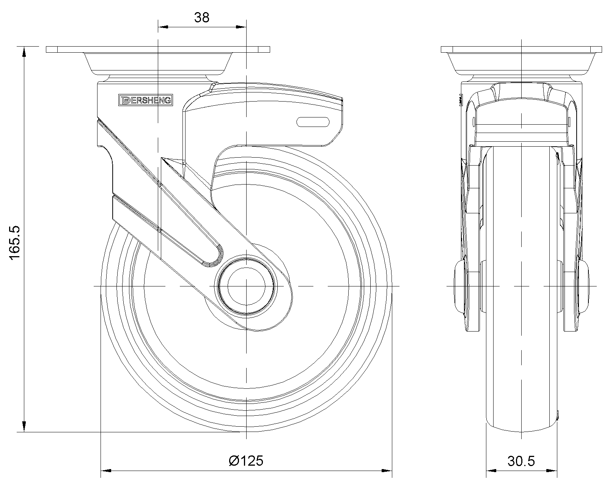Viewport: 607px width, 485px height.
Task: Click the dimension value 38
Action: tap(202, 17)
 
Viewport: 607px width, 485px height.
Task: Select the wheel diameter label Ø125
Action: tap(246, 461)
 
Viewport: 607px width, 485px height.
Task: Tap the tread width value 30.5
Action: tap(521, 461)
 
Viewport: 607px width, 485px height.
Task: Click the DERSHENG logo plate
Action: tap(146, 100)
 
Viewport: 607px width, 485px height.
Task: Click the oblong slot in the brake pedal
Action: tap(313, 122)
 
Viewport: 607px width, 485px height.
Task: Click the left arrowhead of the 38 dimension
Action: tap(163, 27)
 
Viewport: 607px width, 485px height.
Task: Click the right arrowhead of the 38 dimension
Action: tap(241, 27)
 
